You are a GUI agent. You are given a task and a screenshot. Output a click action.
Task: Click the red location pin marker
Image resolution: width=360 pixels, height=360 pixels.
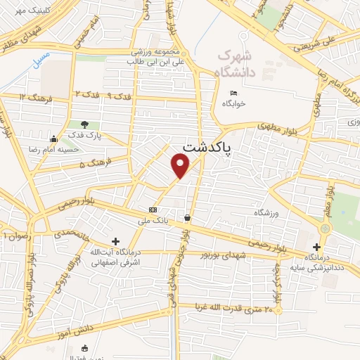pos(181,165)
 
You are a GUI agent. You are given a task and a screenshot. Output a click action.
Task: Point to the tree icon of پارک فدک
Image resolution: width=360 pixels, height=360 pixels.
pos(85,124)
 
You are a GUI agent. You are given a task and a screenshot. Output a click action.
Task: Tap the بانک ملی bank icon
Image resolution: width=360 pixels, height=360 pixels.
pos(153,210)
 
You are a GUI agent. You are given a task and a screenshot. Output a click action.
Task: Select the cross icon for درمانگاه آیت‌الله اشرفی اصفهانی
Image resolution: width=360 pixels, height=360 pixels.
pos(116,241)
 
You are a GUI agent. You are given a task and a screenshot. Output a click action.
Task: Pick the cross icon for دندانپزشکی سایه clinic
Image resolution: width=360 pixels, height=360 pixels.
pos(317,246)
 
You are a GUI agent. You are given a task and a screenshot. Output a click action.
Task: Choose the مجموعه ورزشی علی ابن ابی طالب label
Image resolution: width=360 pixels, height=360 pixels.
pos(160,57)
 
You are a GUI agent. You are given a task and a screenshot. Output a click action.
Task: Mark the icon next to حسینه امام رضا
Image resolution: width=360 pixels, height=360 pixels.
pos(54,137)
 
